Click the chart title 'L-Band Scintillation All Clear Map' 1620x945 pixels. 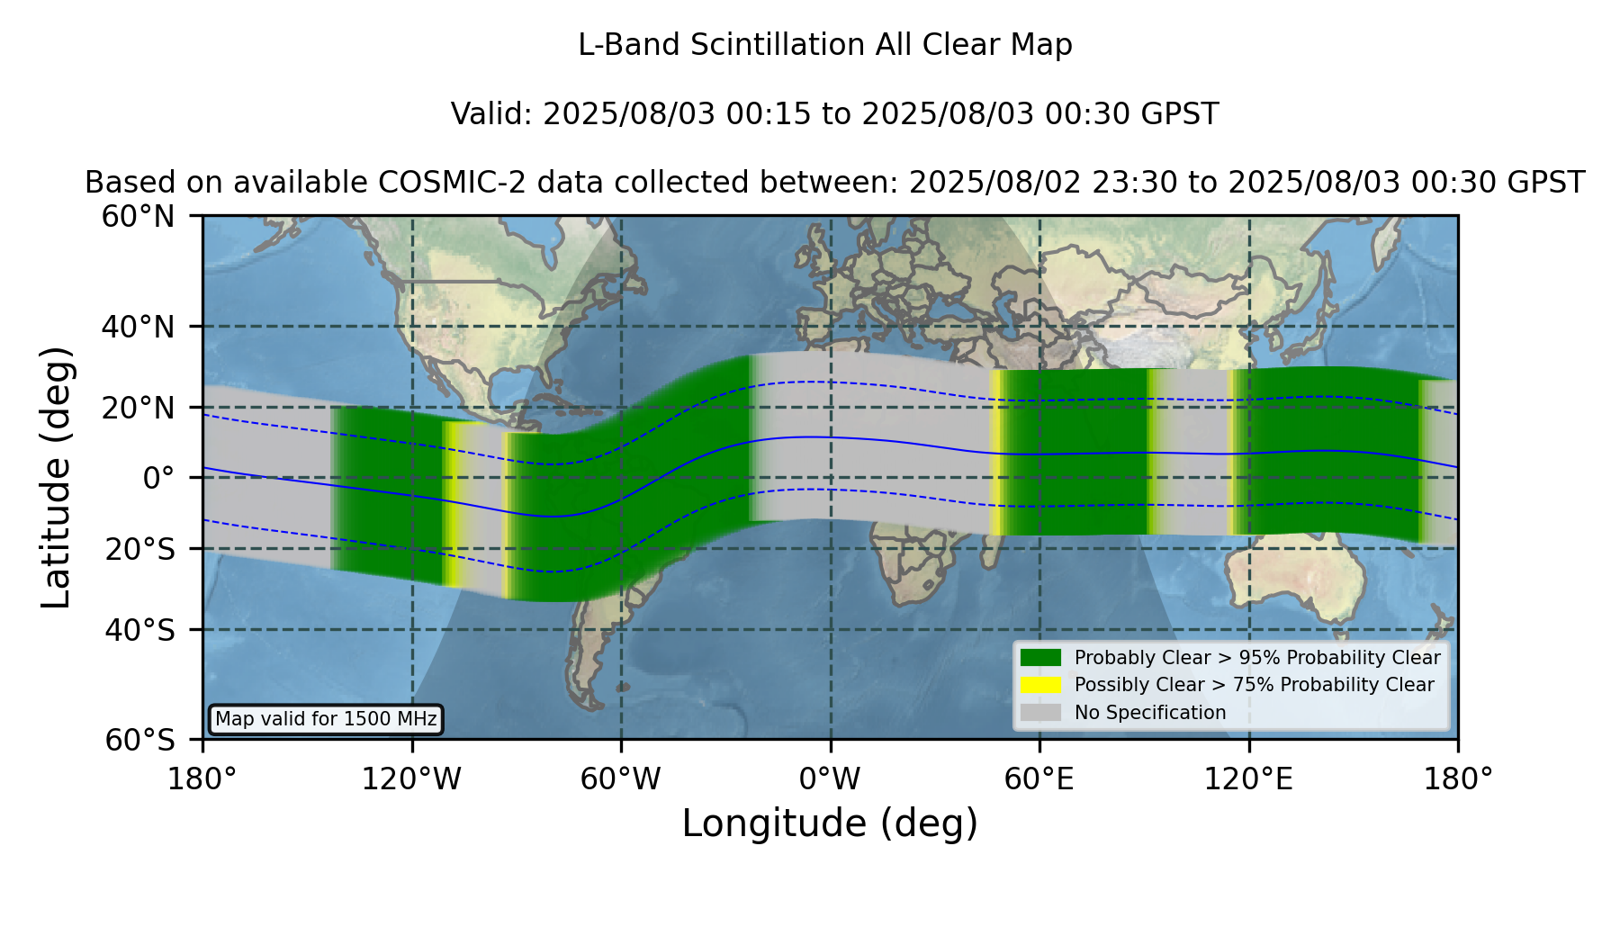point(824,45)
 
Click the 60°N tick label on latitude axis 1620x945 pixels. point(138,216)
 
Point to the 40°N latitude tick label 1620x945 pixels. point(138,327)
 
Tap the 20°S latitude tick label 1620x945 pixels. point(139,549)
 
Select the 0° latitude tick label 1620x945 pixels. point(158,478)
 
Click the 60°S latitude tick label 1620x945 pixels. point(139,740)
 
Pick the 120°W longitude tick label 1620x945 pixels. point(411,779)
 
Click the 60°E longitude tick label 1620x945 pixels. point(1039,779)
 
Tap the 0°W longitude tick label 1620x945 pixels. point(831,779)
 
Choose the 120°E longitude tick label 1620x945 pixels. point(1249,779)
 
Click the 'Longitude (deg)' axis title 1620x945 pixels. point(830,823)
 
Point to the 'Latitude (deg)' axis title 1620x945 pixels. point(56,477)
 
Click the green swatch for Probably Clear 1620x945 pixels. point(1040,658)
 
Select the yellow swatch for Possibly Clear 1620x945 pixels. point(1040,685)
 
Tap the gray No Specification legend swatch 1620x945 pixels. point(1040,713)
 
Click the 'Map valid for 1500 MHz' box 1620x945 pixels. point(326,719)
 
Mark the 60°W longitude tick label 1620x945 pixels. point(621,779)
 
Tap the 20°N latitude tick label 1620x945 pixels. point(138,408)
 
